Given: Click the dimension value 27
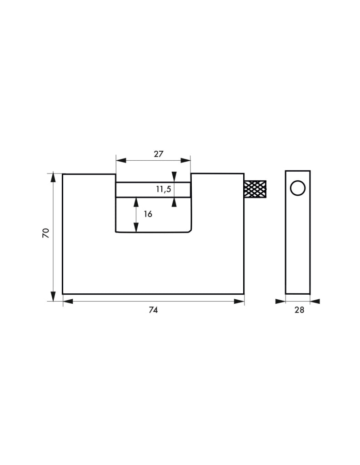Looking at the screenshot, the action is [x=159, y=154].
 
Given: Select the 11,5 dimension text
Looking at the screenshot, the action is [x=164, y=189].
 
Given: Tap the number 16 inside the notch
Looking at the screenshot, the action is [x=148, y=214].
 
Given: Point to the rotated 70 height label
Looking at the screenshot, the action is [x=46, y=233].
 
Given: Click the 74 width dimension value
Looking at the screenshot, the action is [x=153, y=310].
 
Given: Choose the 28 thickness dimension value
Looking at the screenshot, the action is [x=299, y=310].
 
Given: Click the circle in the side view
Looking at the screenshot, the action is [x=298, y=188].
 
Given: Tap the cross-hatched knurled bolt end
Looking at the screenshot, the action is [x=255, y=189].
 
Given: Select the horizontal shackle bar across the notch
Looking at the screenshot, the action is [x=153, y=189].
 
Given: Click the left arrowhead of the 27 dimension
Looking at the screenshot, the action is [x=121, y=160].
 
